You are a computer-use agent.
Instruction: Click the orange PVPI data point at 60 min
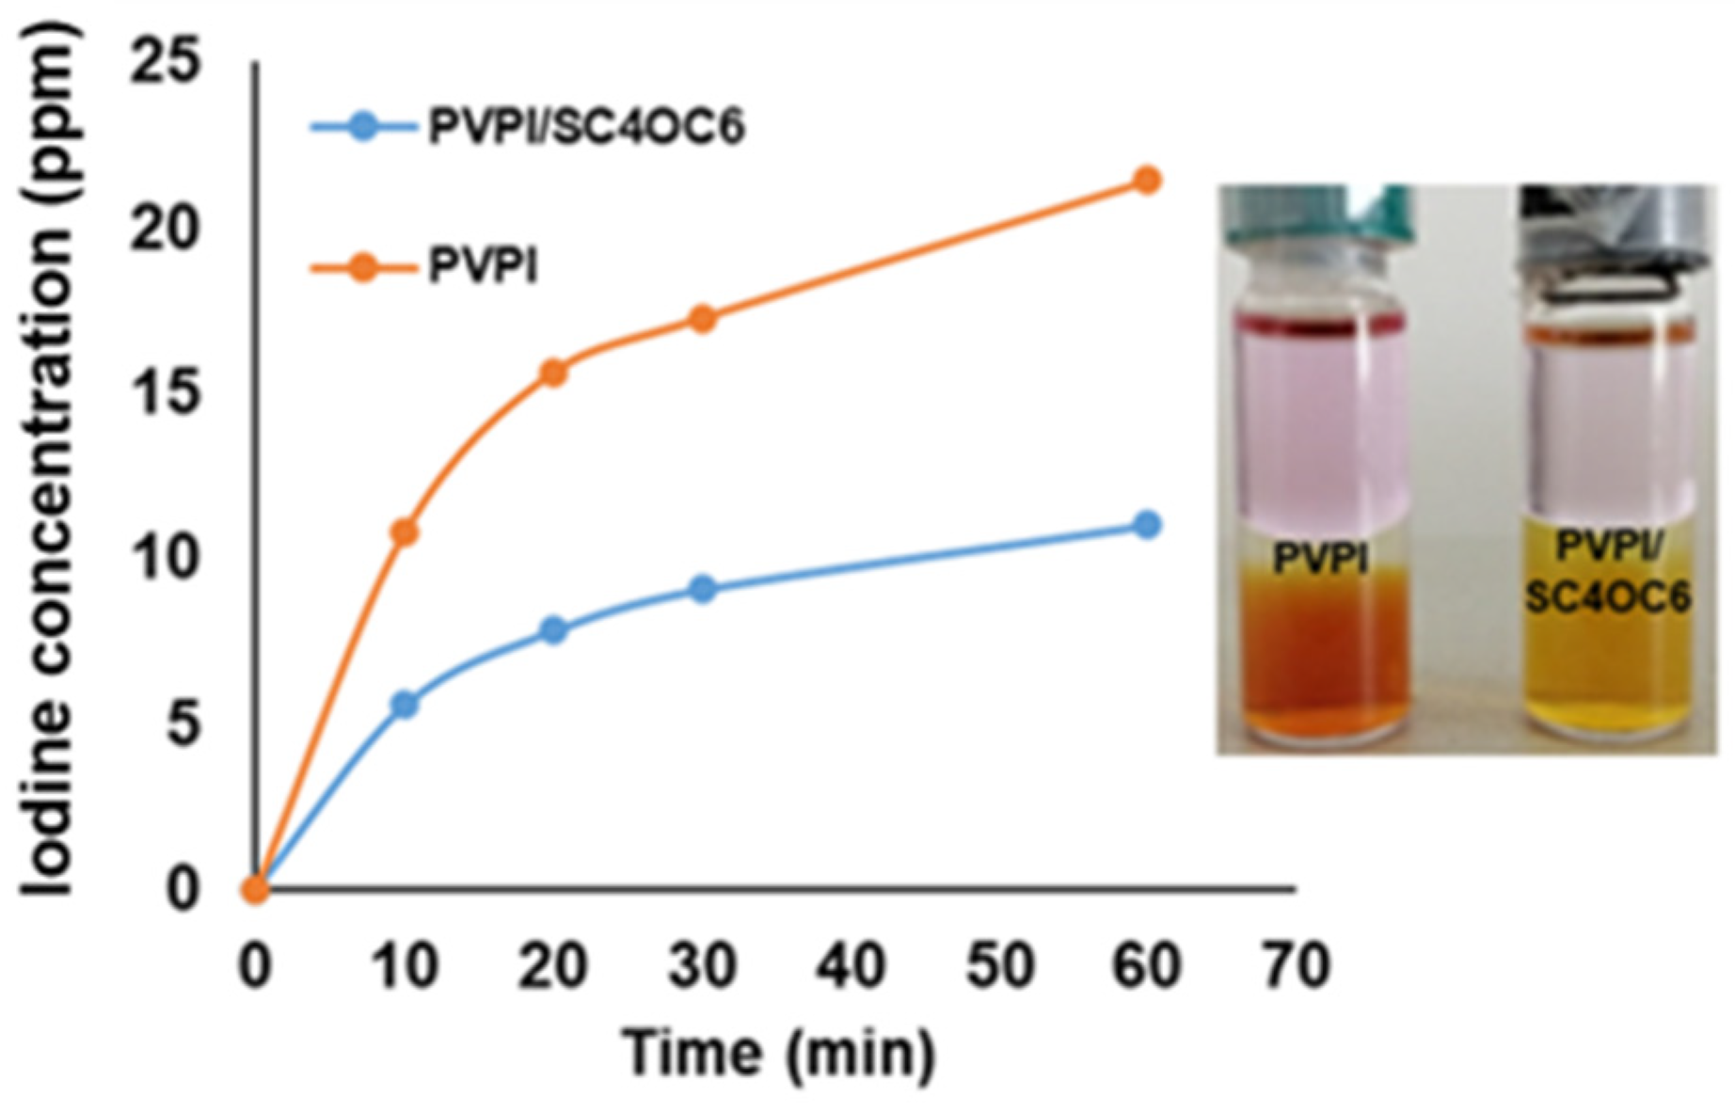(1146, 180)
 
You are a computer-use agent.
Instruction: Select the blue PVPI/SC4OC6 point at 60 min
(1146, 525)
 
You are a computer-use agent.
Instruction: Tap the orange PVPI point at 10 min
(404, 533)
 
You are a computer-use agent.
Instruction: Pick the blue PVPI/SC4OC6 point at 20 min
(553, 629)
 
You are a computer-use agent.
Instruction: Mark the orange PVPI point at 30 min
(702, 319)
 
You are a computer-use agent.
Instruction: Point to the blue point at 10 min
(404, 705)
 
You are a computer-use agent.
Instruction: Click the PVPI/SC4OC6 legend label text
(585, 126)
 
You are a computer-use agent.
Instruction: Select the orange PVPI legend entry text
(483, 268)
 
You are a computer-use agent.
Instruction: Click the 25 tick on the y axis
(167, 62)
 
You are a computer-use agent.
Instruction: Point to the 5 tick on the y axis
(183, 723)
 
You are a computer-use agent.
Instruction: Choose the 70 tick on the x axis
(1296, 965)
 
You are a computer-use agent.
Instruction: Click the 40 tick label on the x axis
(852, 965)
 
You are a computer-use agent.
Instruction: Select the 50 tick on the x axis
(999, 965)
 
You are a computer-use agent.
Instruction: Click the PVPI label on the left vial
(1320, 559)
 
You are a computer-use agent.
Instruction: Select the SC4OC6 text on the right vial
(1607, 596)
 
